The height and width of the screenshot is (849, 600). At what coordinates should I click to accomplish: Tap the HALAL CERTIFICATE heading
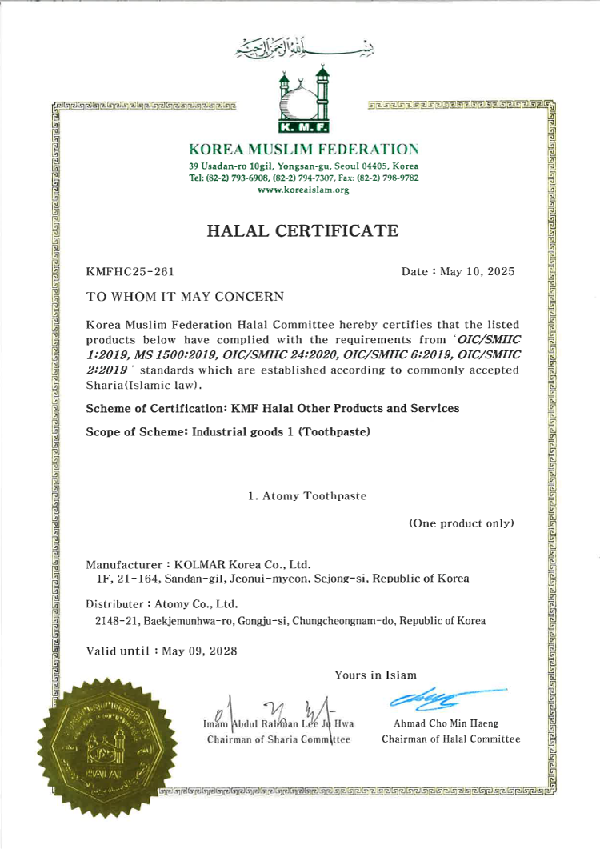point(302,231)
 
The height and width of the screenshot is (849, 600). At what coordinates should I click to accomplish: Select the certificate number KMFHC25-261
point(130,272)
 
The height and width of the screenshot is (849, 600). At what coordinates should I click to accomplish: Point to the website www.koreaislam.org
point(302,190)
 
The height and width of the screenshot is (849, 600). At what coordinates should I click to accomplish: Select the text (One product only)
point(462,523)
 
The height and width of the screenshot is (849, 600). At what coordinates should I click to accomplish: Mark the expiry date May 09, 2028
point(199,651)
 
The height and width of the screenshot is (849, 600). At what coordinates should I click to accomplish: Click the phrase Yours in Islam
point(375,675)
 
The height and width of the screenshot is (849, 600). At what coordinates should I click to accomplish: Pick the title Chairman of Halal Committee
point(450,739)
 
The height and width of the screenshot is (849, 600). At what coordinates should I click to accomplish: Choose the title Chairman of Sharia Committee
point(279,739)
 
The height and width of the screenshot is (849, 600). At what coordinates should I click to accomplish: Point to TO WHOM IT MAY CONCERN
point(185,297)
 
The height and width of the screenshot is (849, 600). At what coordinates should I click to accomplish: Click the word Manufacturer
point(120,563)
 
